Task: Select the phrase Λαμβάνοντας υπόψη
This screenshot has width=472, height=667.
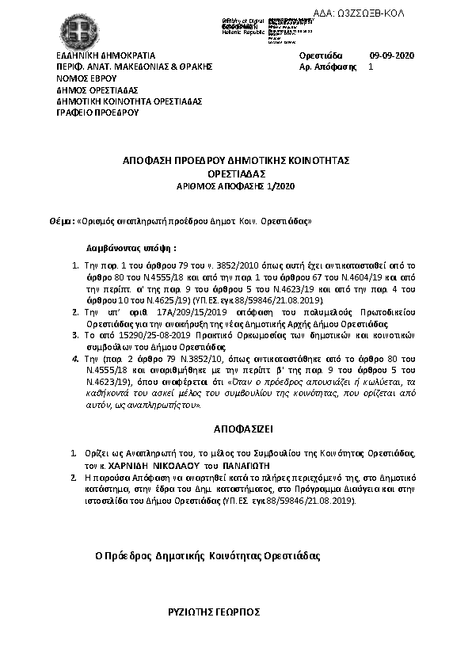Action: tap(131, 247)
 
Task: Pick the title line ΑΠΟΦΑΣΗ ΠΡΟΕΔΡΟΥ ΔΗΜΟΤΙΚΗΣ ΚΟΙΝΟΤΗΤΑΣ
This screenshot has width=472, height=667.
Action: tap(236, 160)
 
